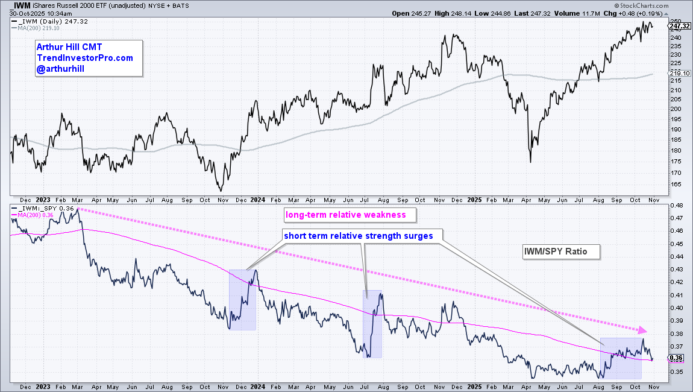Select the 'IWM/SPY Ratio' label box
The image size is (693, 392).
(561, 251)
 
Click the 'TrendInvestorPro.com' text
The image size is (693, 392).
(84, 58)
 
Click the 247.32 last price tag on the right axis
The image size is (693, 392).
(679, 26)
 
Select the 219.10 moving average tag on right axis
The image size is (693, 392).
(679, 74)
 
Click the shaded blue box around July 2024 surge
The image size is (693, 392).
(372, 324)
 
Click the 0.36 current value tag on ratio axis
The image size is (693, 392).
(675, 358)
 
